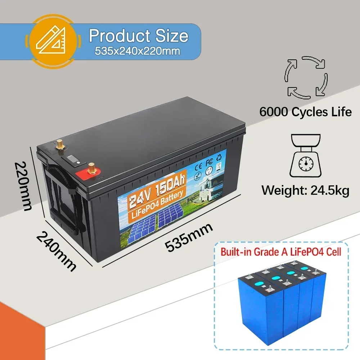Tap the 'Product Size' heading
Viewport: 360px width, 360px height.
(x=139, y=36)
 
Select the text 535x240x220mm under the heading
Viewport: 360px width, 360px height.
(x=138, y=51)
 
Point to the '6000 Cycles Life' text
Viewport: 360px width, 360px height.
(x=305, y=112)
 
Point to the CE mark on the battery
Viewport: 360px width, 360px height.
(x=198, y=167)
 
